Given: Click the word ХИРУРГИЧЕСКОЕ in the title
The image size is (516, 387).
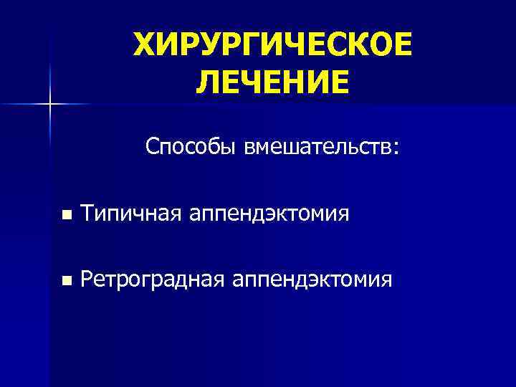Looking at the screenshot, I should click(273, 47).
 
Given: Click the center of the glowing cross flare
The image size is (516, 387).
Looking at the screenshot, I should click(49, 105).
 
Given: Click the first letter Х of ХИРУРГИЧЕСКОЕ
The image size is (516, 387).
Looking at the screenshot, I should click(145, 47).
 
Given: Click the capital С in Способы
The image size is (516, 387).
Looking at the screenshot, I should click(152, 147).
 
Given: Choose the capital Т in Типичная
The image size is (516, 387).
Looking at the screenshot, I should click(87, 213).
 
